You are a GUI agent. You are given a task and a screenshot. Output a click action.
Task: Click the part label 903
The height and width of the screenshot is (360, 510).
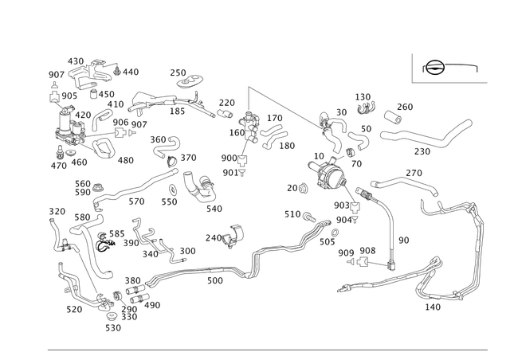340,205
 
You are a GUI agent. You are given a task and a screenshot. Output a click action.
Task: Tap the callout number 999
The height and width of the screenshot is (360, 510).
345,252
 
